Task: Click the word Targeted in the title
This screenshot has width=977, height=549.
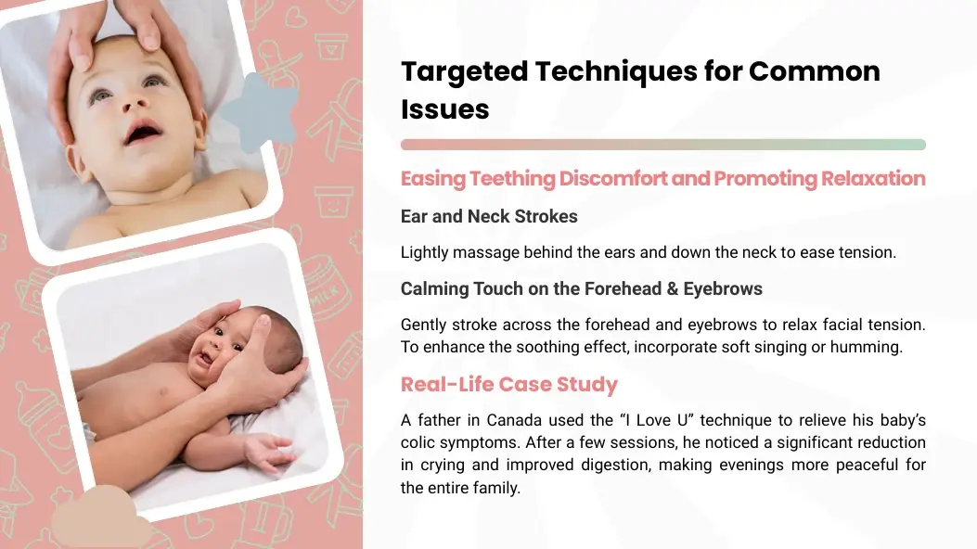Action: (x=464, y=72)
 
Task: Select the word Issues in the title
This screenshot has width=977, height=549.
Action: (x=444, y=109)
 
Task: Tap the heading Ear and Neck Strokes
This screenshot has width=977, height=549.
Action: (x=489, y=217)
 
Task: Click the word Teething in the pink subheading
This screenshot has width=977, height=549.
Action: (x=511, y=179)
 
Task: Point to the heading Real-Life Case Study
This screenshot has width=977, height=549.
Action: (x=509, y=384)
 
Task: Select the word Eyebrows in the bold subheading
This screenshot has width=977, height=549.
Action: (x=723, y=288)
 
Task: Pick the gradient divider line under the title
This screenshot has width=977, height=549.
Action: (x=663, y=145)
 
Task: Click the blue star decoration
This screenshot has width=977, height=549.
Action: (x=259, y=112)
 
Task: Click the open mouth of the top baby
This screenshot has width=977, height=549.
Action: (x=144, y=132)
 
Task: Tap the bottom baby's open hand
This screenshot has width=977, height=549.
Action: (x=268, y=451)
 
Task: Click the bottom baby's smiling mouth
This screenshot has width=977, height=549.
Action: (x=204, y=358)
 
